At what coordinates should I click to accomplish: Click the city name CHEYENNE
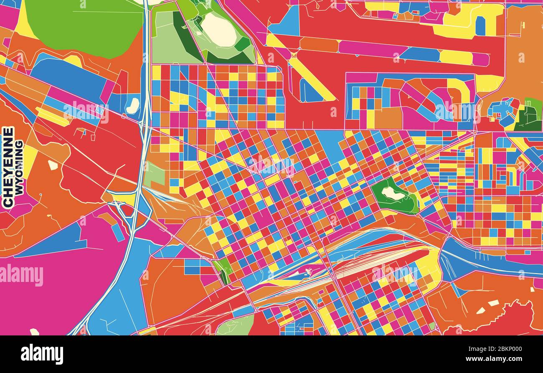[8, 167]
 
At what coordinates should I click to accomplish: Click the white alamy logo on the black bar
[42, 354]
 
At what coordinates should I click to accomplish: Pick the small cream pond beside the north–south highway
[133, 106]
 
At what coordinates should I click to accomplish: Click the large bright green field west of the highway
[84, 25]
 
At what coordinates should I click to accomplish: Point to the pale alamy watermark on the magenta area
[22, 275]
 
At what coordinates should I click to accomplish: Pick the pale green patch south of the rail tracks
[236, 326]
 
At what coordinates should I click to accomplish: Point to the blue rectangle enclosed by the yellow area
[480, 26]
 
